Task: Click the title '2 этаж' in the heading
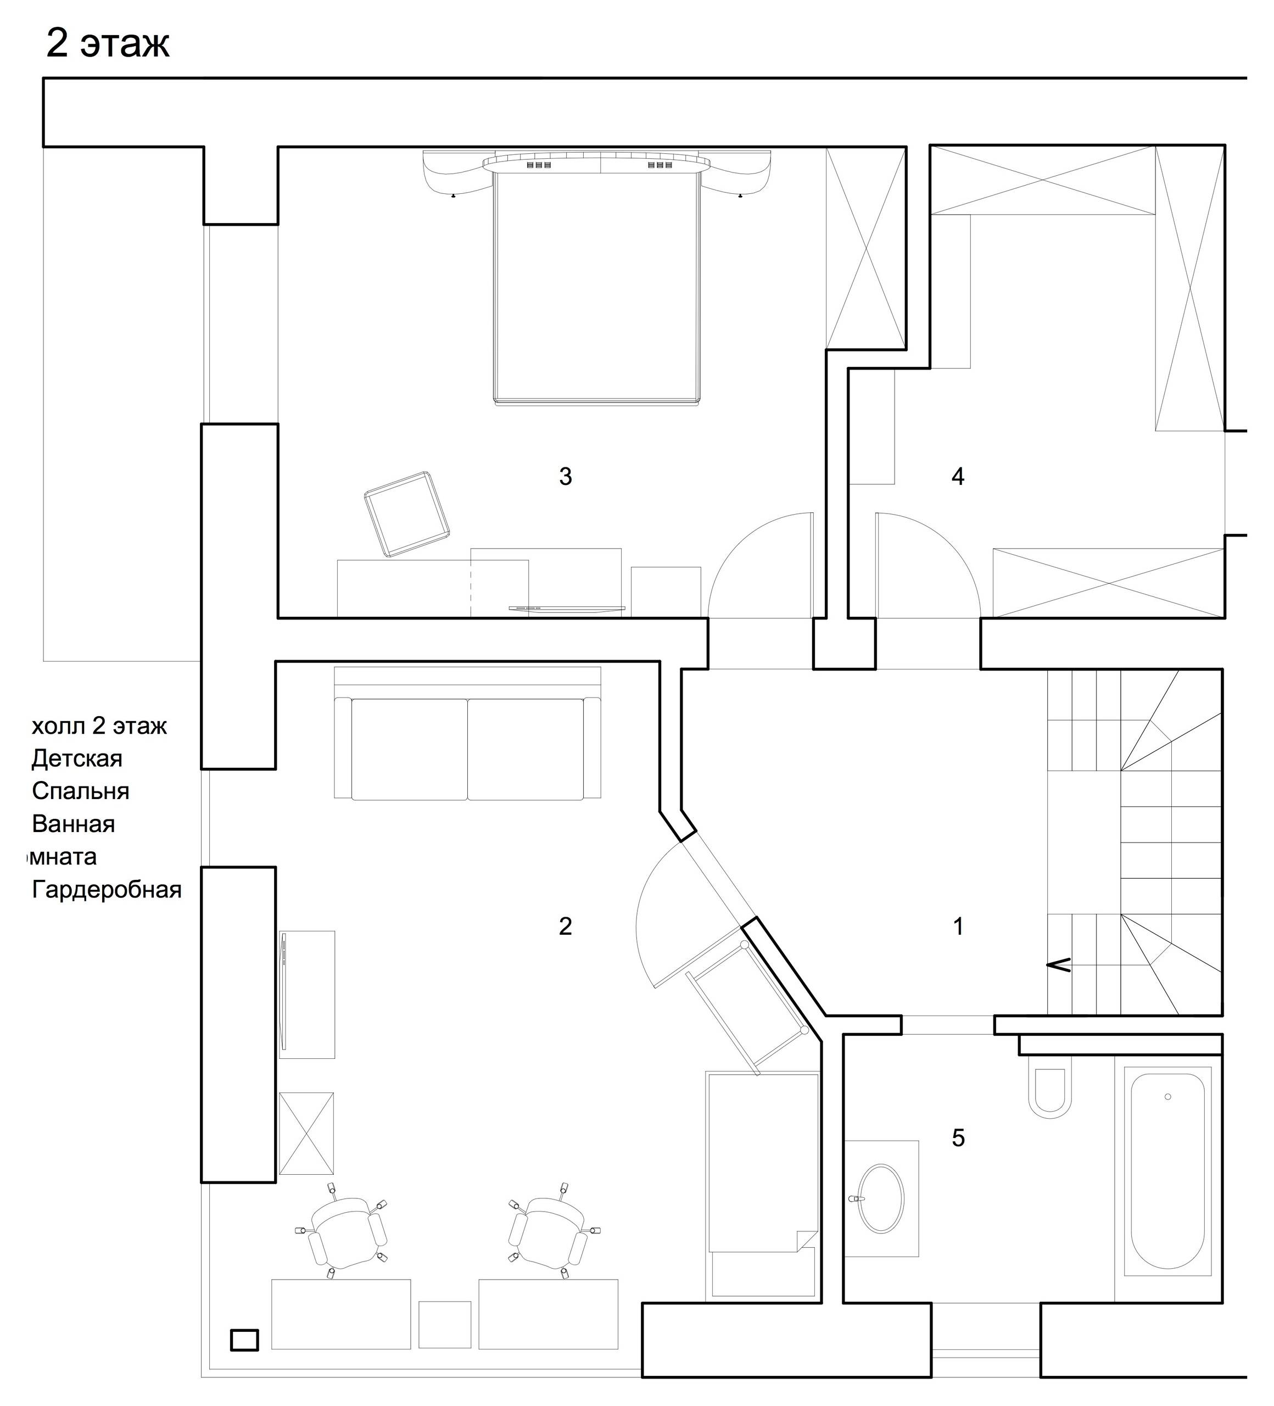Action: [108, 43]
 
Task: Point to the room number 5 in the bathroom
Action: [958, 1137]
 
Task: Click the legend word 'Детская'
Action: [77, 759]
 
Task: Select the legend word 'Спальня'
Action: [80, 791]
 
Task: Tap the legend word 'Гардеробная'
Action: [107, 890]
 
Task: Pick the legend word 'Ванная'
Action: [73, 824]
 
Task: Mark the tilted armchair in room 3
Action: [406, 514]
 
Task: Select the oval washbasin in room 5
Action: [880, 1197]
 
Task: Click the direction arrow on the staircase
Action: [1059, 965]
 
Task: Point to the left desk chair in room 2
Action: [347, 1233]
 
